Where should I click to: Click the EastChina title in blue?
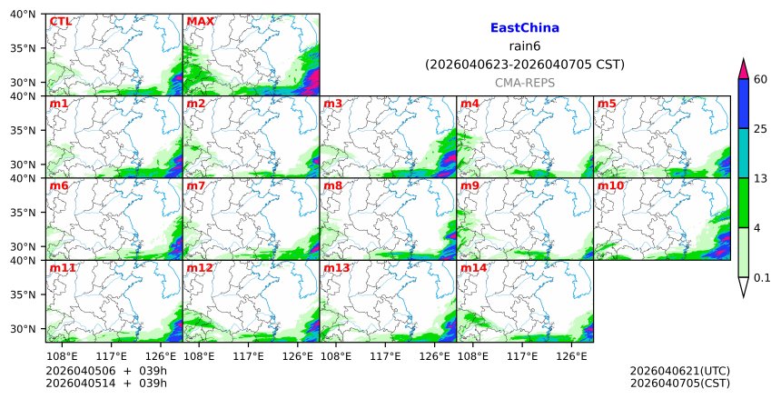coord(524,28)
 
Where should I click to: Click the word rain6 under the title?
coord(524,46)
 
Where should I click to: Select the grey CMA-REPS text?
coord(524,83)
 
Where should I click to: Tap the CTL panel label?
coord(61,22)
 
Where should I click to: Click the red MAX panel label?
coord(200,22)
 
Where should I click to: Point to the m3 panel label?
coord(332,104)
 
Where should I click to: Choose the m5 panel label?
coord(607,104)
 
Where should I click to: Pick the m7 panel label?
coord(195,186)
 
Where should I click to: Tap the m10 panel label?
coord(610,186)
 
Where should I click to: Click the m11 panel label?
coord(62,268)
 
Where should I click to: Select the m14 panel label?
coord(473,268)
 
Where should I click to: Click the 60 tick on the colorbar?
coord(761,80)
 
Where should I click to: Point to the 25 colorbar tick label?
coord(761,128)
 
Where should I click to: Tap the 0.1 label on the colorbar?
coord(762,278)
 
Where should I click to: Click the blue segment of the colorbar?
coord(743,104)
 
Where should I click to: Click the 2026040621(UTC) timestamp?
coord(679,371)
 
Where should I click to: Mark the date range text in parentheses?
coord(524,65)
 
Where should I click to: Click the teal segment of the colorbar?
coord(743,153)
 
